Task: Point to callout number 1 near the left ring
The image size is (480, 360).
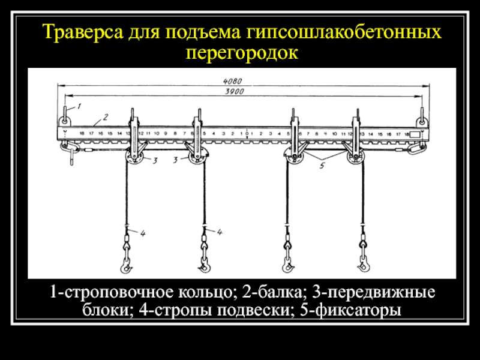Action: (77, 106)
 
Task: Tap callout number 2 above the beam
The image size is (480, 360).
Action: (104, 116)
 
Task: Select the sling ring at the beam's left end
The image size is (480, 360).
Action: (65, 115)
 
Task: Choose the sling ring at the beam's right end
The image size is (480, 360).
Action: (423, 115)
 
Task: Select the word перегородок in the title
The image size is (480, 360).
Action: (241, 53)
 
